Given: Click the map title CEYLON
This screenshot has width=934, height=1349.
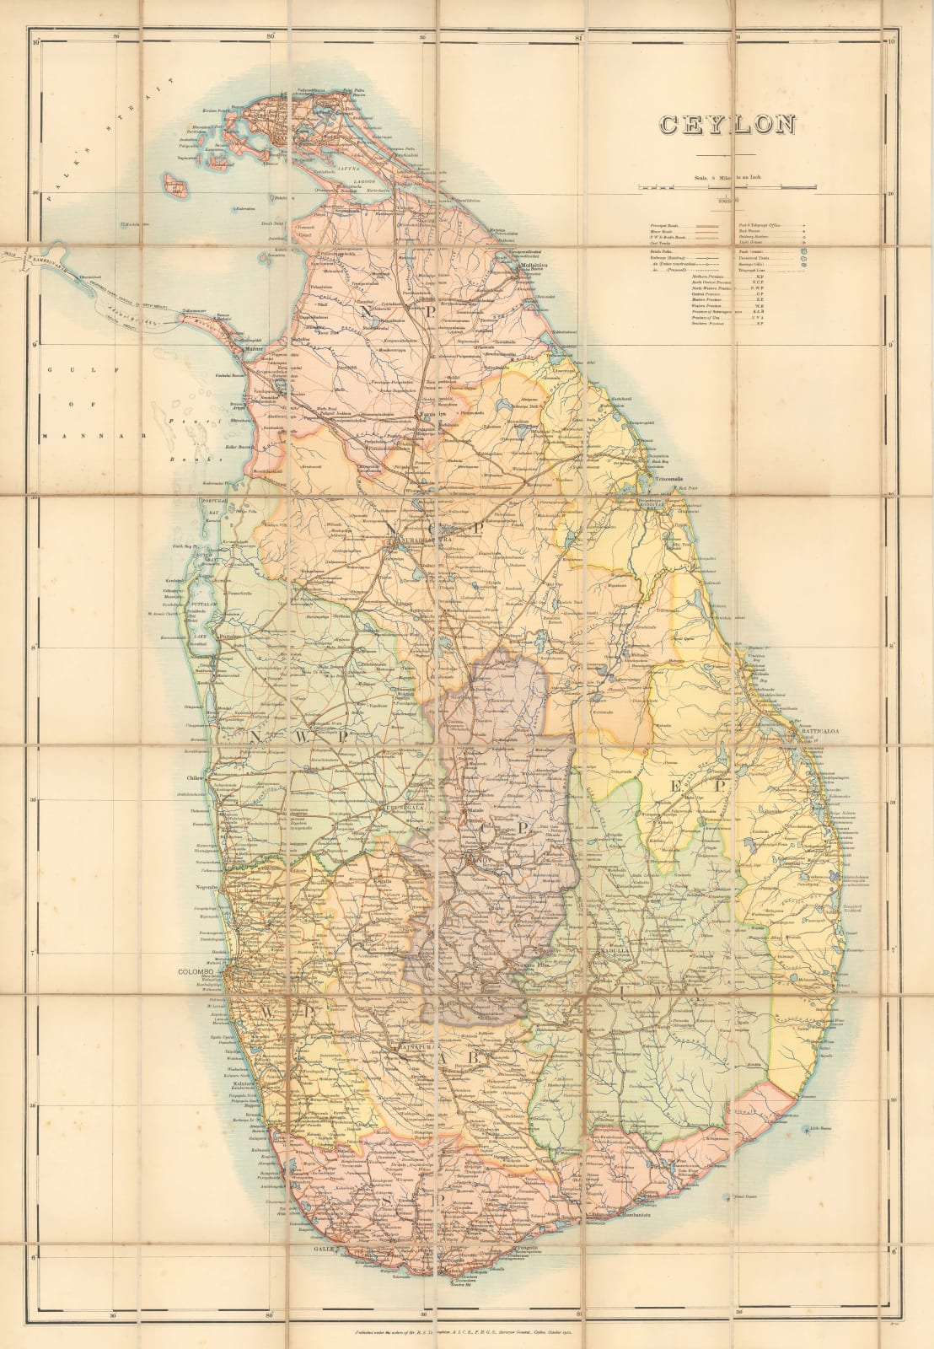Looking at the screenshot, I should point(727,125).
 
